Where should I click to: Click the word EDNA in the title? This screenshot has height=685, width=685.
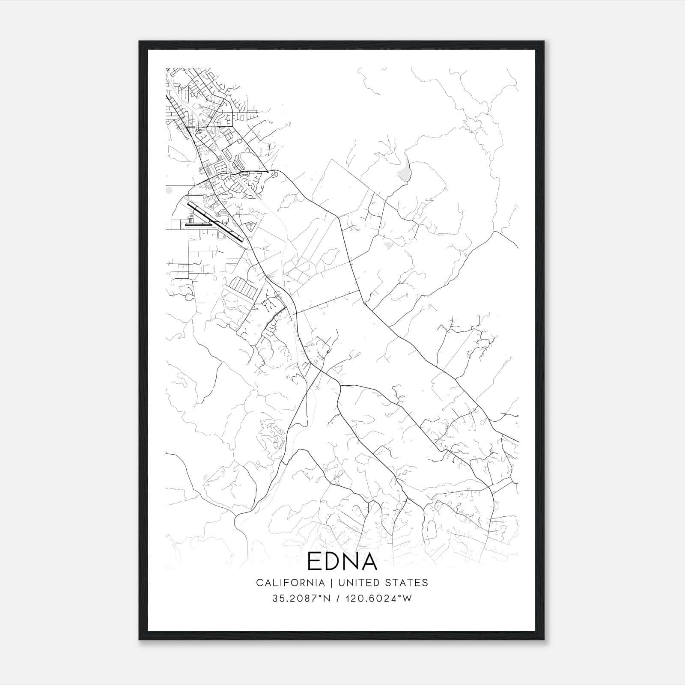342,562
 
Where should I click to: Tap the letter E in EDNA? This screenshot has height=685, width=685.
315,562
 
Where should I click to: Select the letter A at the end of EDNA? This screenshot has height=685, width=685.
369,562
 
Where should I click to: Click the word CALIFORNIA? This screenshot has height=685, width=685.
290,583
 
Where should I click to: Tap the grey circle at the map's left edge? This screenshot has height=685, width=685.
169,189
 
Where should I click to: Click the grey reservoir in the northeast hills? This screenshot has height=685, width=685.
404,170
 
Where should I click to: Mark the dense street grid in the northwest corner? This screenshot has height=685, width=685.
193,98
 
